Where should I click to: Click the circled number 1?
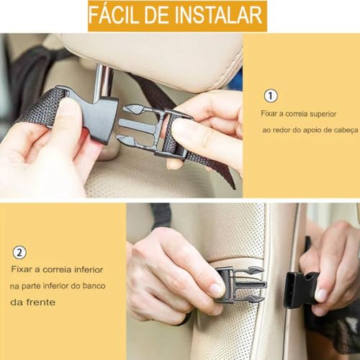[x=271, y=96]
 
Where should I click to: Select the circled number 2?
[x=20, y=253]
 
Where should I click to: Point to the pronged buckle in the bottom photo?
[x=241, y=284]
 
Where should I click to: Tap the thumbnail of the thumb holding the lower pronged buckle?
[x=215, y=289]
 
